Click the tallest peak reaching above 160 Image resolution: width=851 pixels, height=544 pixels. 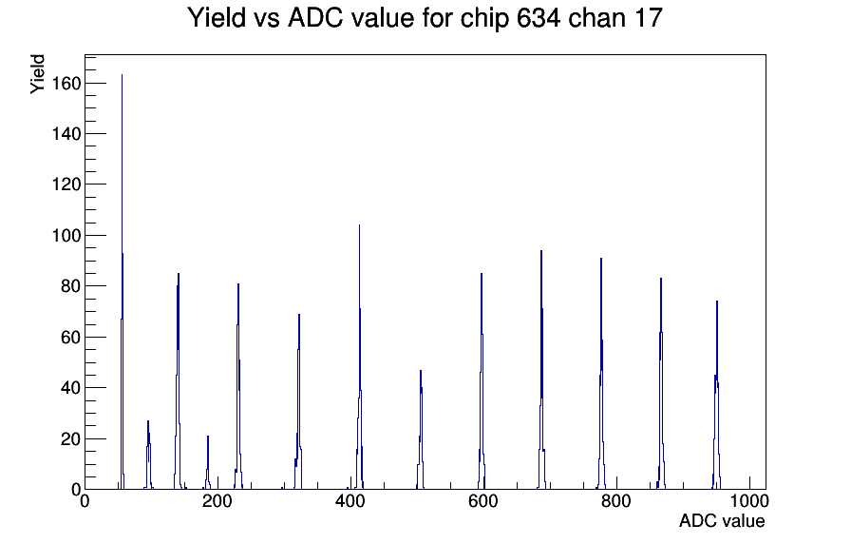[123, 282]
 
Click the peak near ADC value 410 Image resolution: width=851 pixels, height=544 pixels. [359, 359]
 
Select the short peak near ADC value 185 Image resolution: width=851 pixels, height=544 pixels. [208, 462]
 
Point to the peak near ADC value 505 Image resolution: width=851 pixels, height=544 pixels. [421, 429]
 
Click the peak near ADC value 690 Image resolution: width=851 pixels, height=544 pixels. [541, 370]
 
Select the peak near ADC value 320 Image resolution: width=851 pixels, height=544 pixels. [298, 402]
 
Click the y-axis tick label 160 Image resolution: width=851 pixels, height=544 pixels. [66, 84]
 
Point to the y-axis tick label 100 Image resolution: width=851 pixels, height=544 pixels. [66, 236]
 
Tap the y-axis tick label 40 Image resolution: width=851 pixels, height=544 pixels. [71, 388]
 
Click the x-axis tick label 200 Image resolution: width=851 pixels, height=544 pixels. [217, 501]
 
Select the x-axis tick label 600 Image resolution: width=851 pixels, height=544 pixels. [483, 501]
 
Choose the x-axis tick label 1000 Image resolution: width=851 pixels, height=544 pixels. [748, 501]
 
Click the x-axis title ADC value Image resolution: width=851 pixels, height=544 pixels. [722, 521]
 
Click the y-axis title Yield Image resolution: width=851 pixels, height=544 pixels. [37, 74]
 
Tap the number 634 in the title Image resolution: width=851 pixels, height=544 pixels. [538, 18]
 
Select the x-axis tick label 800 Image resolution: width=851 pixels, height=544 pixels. [616, 501]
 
